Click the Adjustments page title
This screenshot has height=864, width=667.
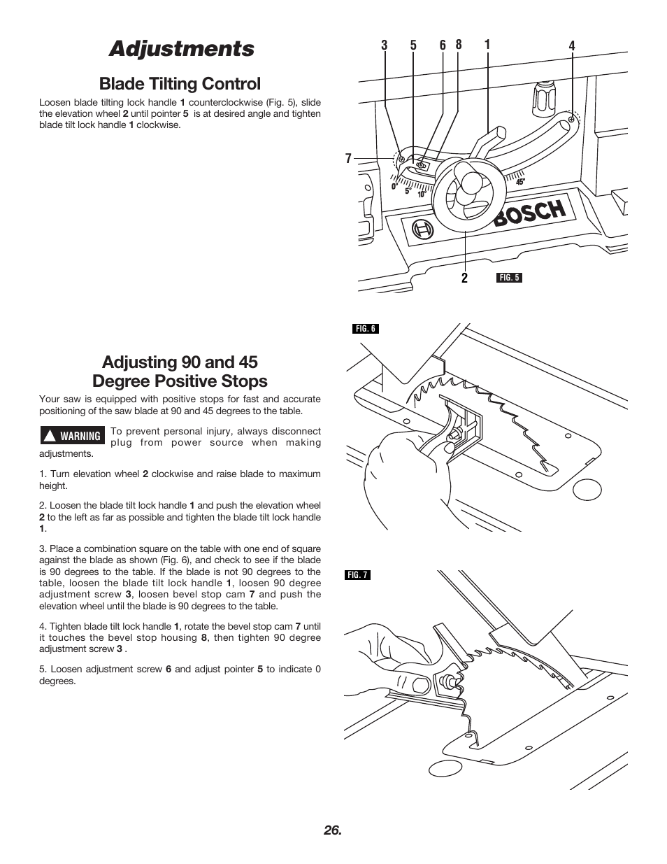click(181, 49)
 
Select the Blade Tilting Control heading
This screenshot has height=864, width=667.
click(180, 84)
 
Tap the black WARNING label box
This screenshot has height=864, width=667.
click(72, 436)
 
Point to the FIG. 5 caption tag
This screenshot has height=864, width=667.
click(509, 278)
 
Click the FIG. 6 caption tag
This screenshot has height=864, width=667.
click(365, 329)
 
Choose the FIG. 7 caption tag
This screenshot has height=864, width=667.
click(357, 575)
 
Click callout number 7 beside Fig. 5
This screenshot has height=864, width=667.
click(348, 159)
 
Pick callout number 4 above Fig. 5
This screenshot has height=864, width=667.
click(571, 46)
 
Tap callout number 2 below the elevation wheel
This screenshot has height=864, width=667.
click(464, 278)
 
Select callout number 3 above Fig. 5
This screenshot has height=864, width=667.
click(384, 45)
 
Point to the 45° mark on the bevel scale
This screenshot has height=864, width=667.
click(520, 182)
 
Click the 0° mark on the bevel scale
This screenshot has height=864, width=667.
click(394, 187)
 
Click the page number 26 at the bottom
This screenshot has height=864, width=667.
click(333, 830)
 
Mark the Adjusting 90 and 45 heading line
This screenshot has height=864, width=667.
click(180, 362)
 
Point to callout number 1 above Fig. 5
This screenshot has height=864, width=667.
click(487, 45)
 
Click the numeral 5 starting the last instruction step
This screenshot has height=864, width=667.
click(42, 669)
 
